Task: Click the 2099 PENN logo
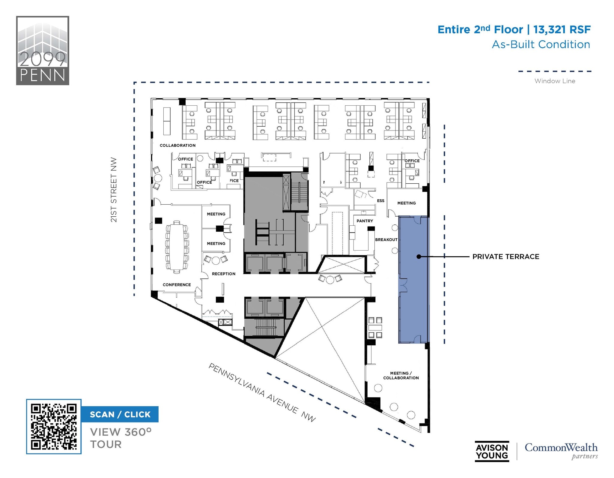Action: tap(43, 50)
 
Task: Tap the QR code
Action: tap(54, 426)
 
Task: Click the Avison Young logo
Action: tap(492, 452)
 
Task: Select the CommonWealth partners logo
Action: tap(561, 451)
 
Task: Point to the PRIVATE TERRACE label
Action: tap(505, 257)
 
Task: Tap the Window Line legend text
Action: tap(555, 81)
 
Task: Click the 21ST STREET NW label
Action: tap(114, 190)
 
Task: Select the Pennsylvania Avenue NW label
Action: tap(262, 393)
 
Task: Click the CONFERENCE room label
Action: tap(177, 285)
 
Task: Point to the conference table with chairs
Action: tap(177, 247)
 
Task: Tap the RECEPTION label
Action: tap(223, 274)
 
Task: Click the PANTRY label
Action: tap(365, 221)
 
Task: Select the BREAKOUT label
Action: tap(386, 240)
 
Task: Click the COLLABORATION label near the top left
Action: tap(177, 146)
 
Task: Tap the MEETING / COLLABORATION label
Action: tap(401, 376)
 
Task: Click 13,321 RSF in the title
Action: tap(562, 29)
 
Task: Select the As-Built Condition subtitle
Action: tap(541, 44)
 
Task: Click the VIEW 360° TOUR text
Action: tap(121, 438)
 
